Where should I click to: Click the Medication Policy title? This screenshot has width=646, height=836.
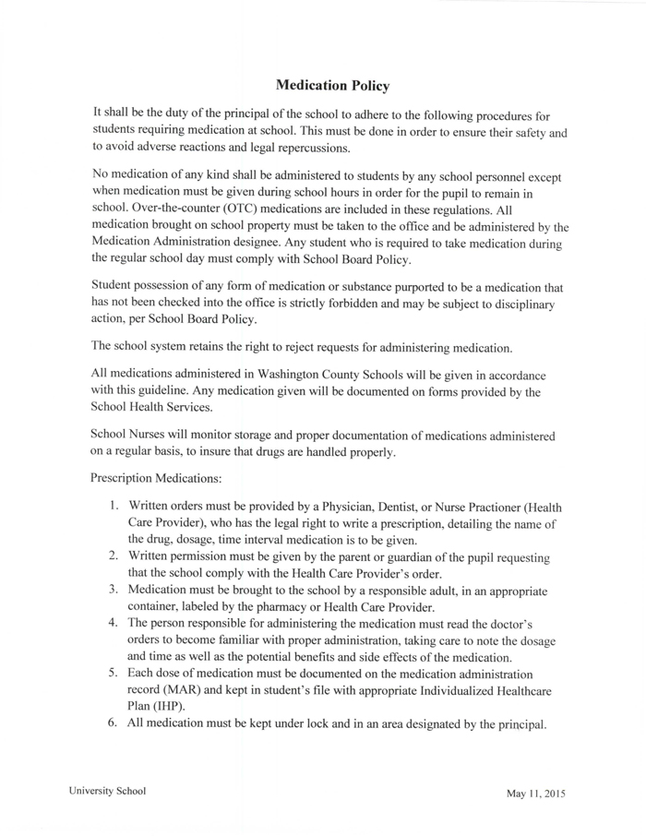tap(332, 86)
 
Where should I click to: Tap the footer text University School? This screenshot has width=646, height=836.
tap(106, 792)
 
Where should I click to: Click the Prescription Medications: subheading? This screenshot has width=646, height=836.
tap(151, 478)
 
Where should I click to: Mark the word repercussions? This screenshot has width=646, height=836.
tap(304, 149)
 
